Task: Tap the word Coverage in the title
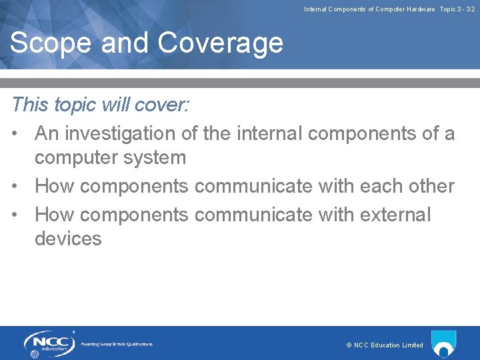click(221, 43)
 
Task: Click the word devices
click(68, 239)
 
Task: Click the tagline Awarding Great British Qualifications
click(117, 344)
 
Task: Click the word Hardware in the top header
click(417, 9)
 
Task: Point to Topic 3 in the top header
click(451, 9)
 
